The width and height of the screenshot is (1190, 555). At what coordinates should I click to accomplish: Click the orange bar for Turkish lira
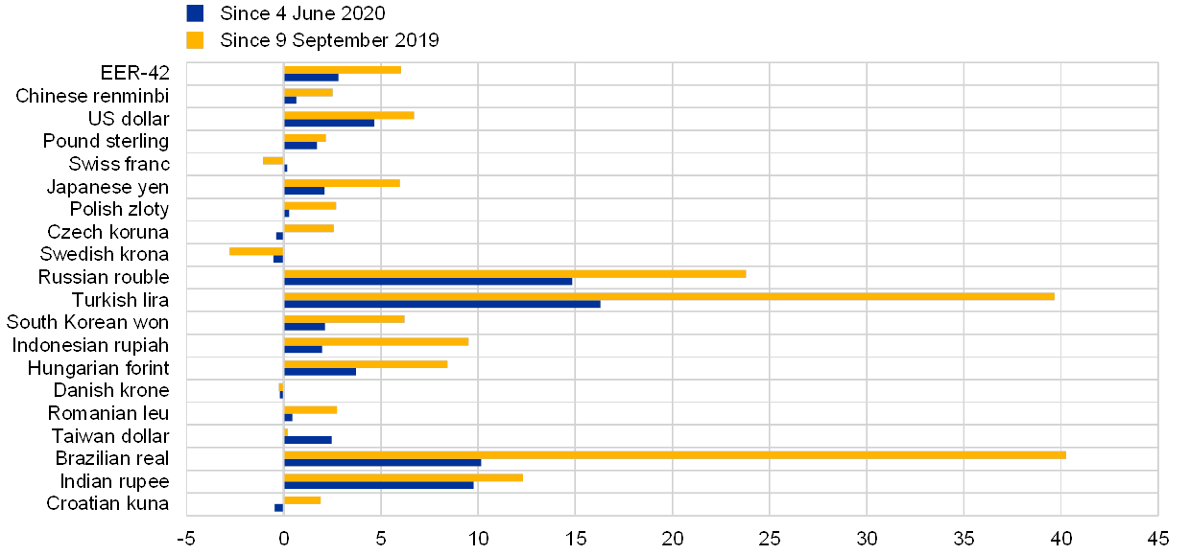(x=669, y=296)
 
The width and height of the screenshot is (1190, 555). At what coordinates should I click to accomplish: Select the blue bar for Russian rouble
(x=428, y=282)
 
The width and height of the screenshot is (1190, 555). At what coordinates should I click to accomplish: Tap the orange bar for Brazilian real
(x=675, y=454)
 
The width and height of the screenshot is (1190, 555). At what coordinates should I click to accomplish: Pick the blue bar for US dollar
(x=329, y=123)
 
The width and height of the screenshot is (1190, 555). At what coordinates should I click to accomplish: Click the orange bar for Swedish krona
(x=256, y=251)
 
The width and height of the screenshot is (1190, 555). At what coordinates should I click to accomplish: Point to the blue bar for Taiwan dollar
(x=307, y=440)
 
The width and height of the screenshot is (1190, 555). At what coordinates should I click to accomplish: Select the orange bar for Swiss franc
(x=273, y=160)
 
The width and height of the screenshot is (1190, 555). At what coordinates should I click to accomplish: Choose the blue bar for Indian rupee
(x=379, y=485)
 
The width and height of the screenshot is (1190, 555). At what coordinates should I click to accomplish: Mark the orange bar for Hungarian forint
(x=366, y=364)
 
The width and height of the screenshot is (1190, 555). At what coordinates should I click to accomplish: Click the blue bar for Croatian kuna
(x=278, y=507)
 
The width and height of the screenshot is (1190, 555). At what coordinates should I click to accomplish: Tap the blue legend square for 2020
(x=196, y=13)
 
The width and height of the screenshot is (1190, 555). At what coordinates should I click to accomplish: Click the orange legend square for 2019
(x=196, y=40)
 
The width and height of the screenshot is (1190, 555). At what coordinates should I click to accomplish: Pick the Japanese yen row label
(x=107, y=187)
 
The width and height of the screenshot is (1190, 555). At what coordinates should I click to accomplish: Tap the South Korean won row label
(x=88, y=322)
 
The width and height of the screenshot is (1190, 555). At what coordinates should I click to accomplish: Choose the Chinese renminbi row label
(x=93, y=96)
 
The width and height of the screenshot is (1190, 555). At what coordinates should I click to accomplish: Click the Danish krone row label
(x=114, y=390)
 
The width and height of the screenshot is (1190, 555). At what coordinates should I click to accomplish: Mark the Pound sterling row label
(x=109, y=142)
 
